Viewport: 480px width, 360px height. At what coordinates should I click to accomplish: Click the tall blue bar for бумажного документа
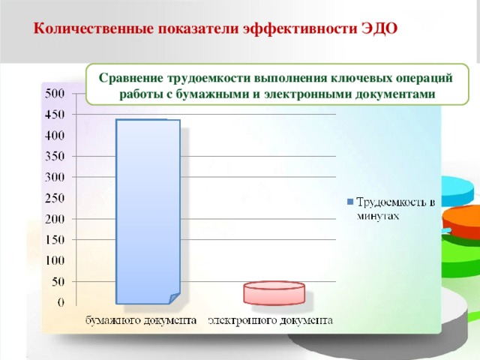tap(148, 210)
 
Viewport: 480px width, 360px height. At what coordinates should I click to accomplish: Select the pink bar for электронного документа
tap(274, 293)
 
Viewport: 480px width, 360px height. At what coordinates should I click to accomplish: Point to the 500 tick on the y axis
tap(57, 94)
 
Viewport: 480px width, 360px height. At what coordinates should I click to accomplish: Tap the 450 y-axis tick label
tap(57, 115)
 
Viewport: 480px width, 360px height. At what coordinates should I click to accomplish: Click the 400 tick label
tap(57, 136)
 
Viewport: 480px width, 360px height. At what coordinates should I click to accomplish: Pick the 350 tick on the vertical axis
tap(57, 156)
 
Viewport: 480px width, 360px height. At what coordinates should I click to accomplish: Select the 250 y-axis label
tap(57, 198)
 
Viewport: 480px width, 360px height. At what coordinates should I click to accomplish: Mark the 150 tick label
tap(57, 240)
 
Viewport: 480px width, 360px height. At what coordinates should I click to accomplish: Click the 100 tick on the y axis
tap(57, 260)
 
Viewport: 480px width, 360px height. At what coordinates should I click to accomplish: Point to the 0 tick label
tap(61, 302)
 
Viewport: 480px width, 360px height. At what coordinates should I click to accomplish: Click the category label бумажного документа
tap(140, 320)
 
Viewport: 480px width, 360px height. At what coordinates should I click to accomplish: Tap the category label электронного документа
tap(271, 320)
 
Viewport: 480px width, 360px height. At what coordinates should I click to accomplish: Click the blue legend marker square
tap(350, 202)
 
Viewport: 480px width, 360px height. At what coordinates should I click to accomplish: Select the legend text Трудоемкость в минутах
tap(394, 208)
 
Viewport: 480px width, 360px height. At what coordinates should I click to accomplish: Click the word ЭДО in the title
tap(379, 29)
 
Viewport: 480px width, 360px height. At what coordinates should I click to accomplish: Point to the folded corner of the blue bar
tap(174, 297)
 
